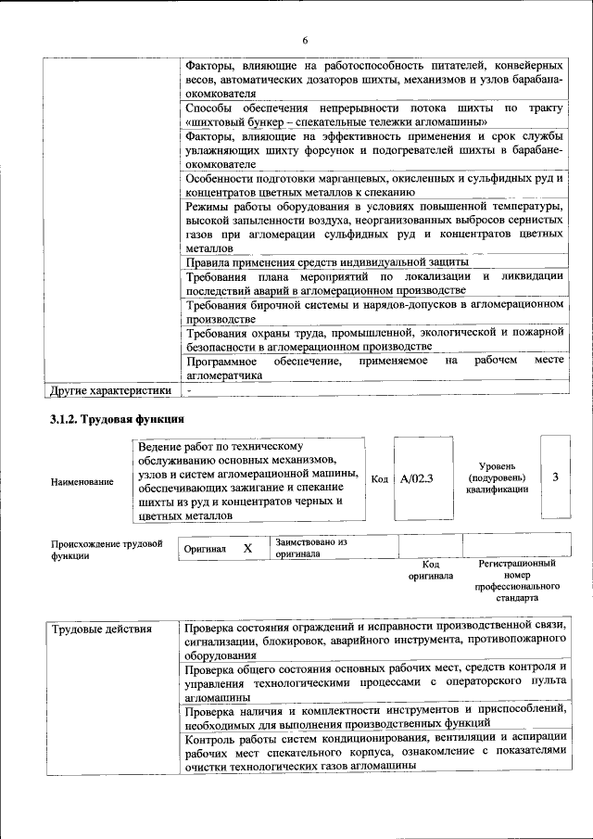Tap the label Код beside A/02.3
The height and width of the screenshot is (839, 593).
379,479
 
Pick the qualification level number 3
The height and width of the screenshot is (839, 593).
554,477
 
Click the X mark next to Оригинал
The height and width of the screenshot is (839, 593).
247,548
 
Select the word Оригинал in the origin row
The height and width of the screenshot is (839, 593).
205,549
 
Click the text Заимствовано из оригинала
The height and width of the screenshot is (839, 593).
310,548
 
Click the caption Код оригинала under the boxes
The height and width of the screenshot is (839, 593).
431,569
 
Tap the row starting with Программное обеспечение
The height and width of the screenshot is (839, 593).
374,367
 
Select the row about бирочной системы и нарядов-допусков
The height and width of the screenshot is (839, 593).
374,311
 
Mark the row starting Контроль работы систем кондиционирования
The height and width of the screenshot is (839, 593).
374,752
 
